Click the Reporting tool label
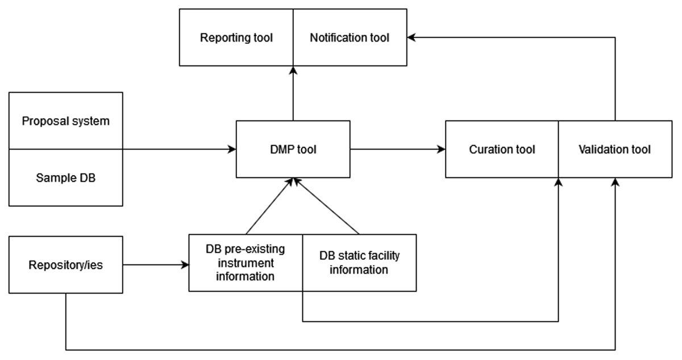click(x=236, y=38)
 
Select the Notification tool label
click(x=350, y=38)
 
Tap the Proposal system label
click(x=66, y=121)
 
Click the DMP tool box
click(x=293, y=149)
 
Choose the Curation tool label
click(x=502, y=150)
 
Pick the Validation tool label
click(x=614, y=150)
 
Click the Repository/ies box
click(x=66, y=264)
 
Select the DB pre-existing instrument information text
click(x=246, y=263)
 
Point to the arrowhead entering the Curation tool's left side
click(x=442, y=150)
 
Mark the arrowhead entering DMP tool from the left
click(x=232, y=150)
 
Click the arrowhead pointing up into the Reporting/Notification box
click(x=293, y=69)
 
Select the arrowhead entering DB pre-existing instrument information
click(x=185, y=265)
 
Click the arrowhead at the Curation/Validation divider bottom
click(x=559, y=181)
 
